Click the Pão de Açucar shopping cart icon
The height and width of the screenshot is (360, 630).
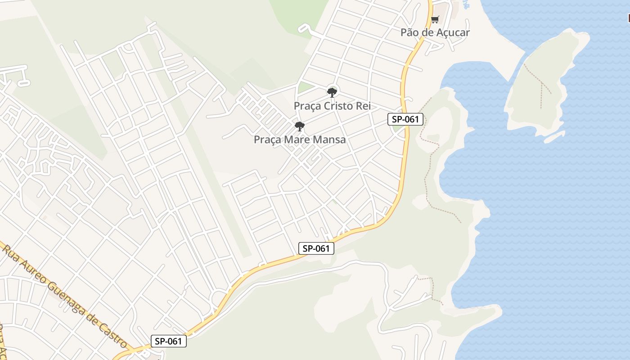point(435,19)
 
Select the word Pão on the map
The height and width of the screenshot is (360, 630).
point(410,32)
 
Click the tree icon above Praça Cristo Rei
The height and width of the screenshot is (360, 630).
point(332,92)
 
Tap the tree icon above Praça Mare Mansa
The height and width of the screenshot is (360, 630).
point(300,126)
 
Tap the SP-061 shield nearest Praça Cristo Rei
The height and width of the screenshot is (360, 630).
point(405,119)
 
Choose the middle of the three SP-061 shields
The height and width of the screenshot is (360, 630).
point(316,248)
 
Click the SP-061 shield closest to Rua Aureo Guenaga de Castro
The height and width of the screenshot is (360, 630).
point(168,341)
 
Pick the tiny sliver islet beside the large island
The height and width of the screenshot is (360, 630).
point(554,136)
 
